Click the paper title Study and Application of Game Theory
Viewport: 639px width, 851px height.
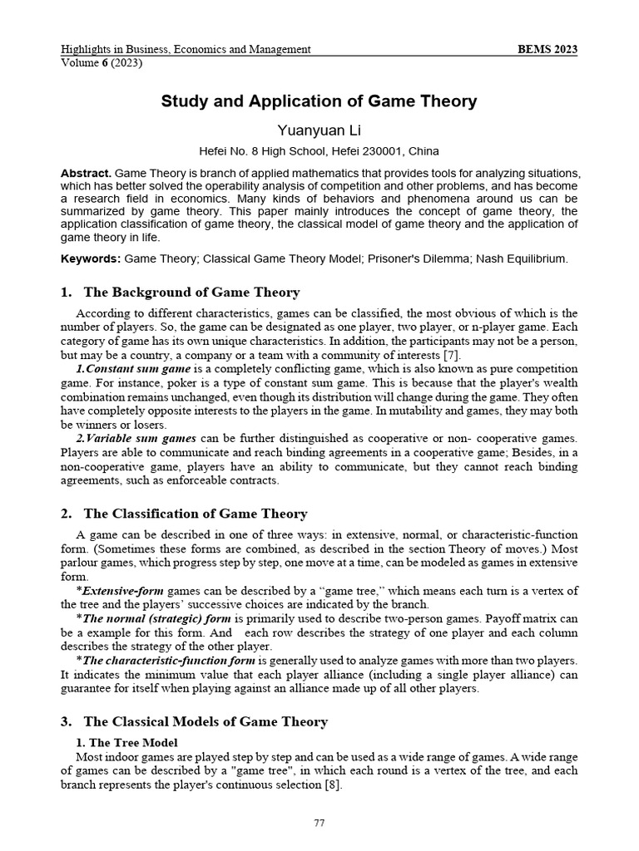pyautogui.click(x=319, y=101)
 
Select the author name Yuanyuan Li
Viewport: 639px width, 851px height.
pyautogui.click(x=319, y=130)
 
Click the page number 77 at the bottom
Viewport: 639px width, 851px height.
pyautogui.click(x=319, y=823)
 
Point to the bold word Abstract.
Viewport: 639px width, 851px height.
pyautogui.click(x=86, y=173)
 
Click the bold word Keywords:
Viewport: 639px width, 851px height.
pyautogui.click(x=91, y=258)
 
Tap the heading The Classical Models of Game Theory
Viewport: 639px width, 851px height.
pyautogui.click(x=204, y=721)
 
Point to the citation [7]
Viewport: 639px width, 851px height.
pyautogui.click(x=454, y=356)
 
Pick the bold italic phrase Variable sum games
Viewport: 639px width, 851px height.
pyautogui.click(x=141, y=438)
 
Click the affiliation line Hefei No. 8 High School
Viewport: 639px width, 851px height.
pyautogui.click(x=319, y=151)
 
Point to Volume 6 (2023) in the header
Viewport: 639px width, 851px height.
pyautogui.click(x=102, y=63)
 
